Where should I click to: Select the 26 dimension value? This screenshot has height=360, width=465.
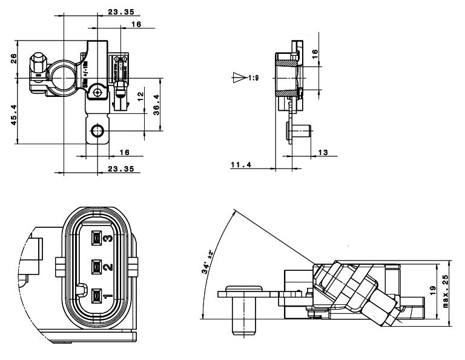point(13,59)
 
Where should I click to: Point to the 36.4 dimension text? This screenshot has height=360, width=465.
point(156,103)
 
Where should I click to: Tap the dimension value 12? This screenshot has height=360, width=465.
point(140,96)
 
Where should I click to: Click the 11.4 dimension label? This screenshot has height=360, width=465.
point(240,164)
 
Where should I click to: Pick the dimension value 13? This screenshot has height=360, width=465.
point(323,152)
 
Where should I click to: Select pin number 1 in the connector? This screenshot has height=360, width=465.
point(107,296)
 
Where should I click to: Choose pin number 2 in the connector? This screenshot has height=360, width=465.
point(107,267)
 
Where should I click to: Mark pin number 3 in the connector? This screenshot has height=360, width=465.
point(107,238)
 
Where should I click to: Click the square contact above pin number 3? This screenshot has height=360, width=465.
point(95,238)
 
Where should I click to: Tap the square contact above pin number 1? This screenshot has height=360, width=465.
point(95,296)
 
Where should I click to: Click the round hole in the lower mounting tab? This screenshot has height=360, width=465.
point(97,131)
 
